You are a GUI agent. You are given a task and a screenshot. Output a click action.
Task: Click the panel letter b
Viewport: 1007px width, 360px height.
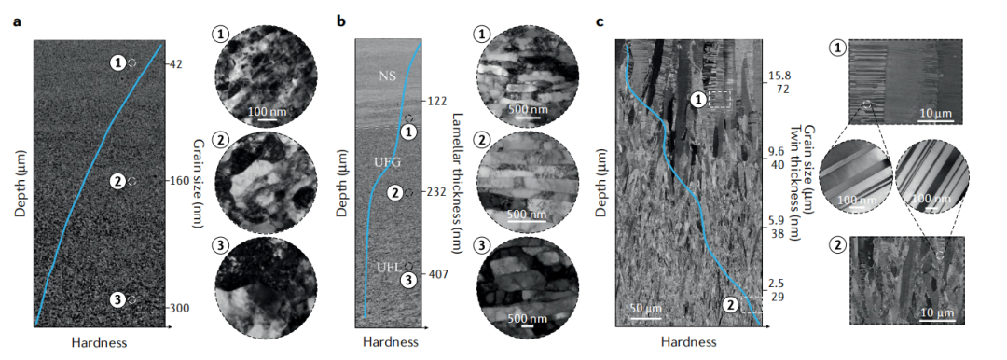click(x=341, y=21)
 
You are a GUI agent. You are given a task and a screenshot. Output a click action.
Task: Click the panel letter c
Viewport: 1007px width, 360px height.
click(x=600, y=21)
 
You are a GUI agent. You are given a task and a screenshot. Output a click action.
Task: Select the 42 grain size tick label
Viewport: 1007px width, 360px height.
click(x=177, y=64)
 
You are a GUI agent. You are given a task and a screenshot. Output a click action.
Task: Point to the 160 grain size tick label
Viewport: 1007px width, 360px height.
click(x=180, y=181)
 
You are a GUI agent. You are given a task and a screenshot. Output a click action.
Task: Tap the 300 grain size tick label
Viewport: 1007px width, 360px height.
click(x=180, y=308)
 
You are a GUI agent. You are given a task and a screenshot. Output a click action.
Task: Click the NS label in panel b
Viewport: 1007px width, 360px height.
click(x=387, y=76)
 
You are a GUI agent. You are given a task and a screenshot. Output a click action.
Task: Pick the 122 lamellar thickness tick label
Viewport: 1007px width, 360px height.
click(x=437, y=102)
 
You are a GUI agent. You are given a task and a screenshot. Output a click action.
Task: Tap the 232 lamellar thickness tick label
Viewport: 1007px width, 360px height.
click(x=437, y=191)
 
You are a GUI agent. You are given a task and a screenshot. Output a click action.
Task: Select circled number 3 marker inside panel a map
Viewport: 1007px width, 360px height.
click(x=117, y=299)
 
